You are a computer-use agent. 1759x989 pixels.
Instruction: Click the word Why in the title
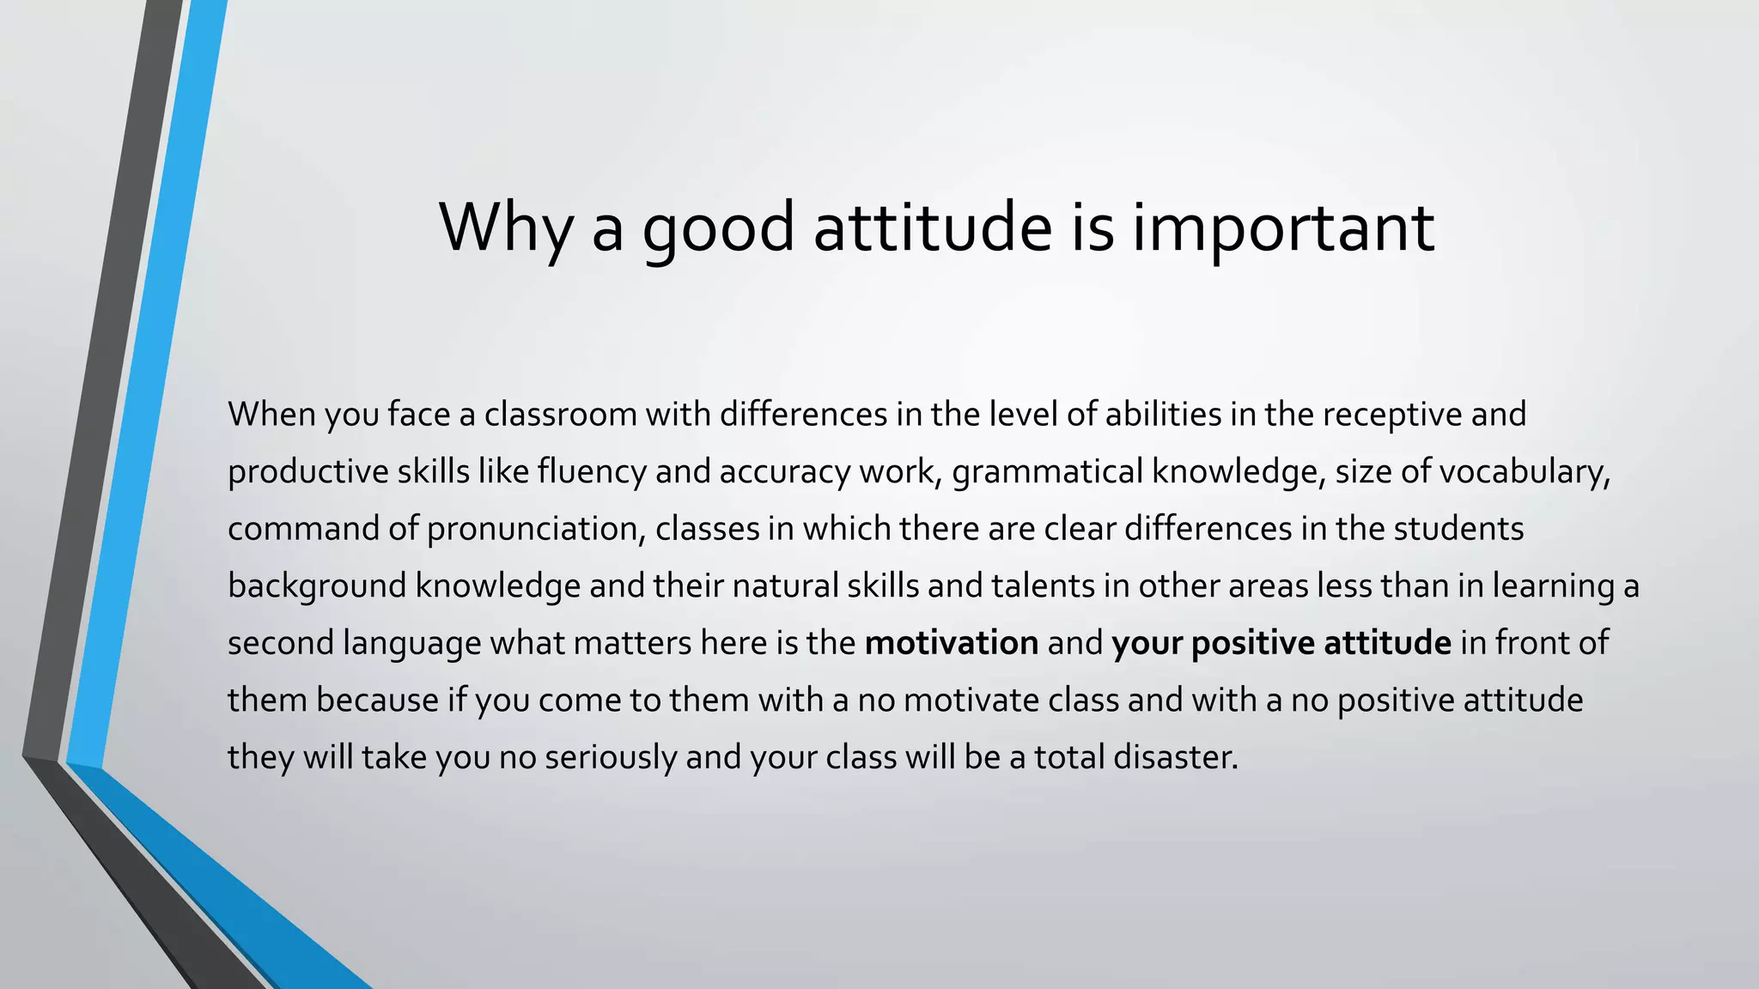point(505,228)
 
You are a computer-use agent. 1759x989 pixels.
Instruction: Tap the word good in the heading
point(719,228)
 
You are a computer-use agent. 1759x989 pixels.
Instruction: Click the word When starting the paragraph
point(271,415)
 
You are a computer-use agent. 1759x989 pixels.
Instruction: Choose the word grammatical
point(1047,472)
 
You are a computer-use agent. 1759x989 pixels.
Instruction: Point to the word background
point(317,586)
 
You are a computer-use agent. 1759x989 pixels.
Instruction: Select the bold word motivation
point(952,643)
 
